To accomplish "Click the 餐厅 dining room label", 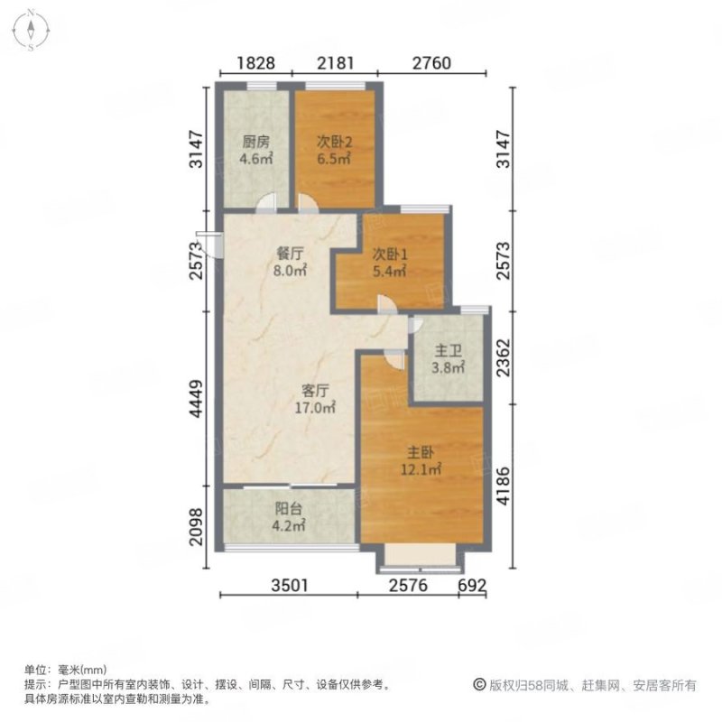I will (x=289, y=254).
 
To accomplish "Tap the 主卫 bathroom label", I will (x=447, y=350).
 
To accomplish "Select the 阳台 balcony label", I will (x=288, y=506).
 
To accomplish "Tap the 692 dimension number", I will (x=472, y=587).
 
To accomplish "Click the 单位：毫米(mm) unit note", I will (x=67, y=670).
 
